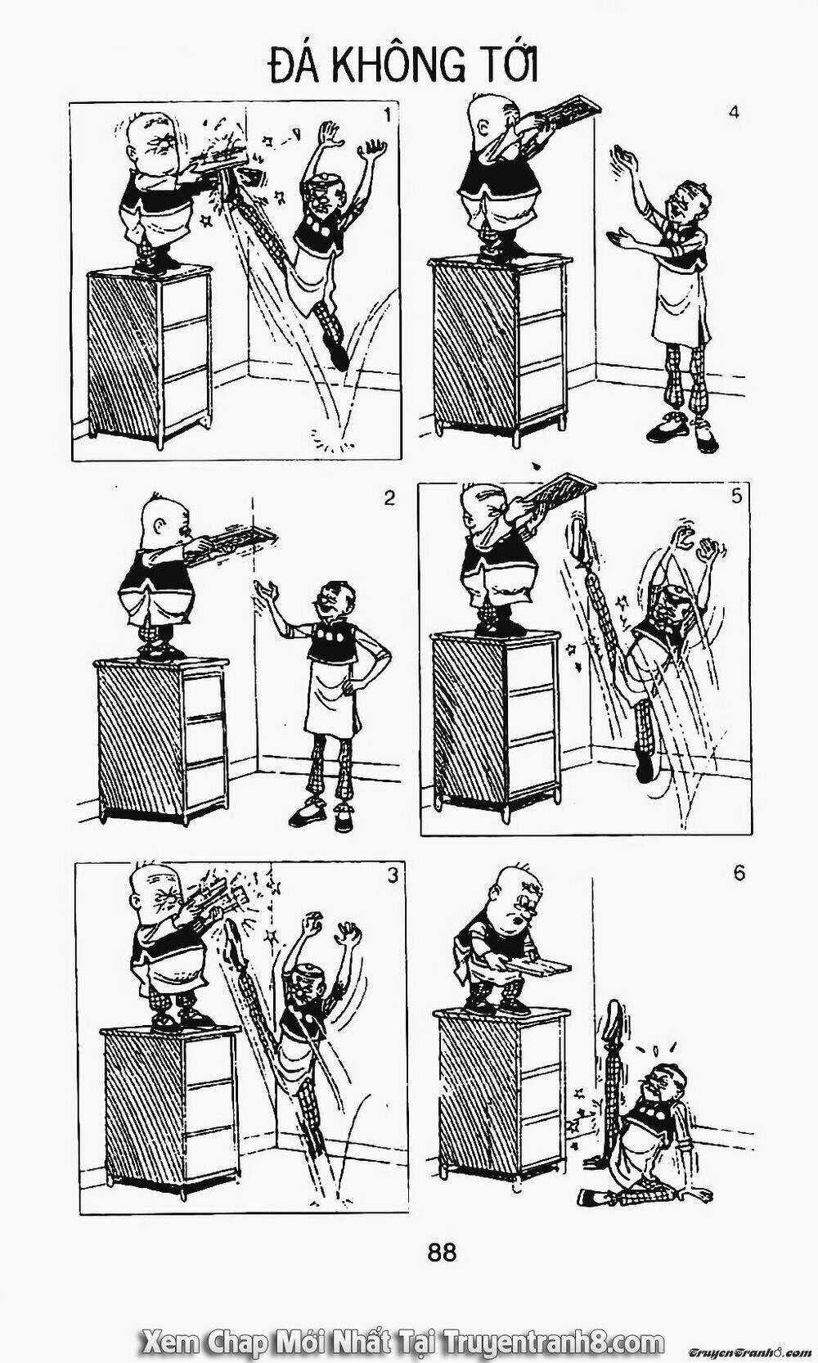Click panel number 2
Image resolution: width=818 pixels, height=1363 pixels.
389,498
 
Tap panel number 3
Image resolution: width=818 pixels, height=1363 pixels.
393,875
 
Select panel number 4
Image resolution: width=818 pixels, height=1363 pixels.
734,113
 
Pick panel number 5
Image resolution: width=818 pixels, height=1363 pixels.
736,497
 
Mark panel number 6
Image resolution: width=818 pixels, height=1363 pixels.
739,873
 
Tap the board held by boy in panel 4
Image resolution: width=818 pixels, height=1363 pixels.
563,111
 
